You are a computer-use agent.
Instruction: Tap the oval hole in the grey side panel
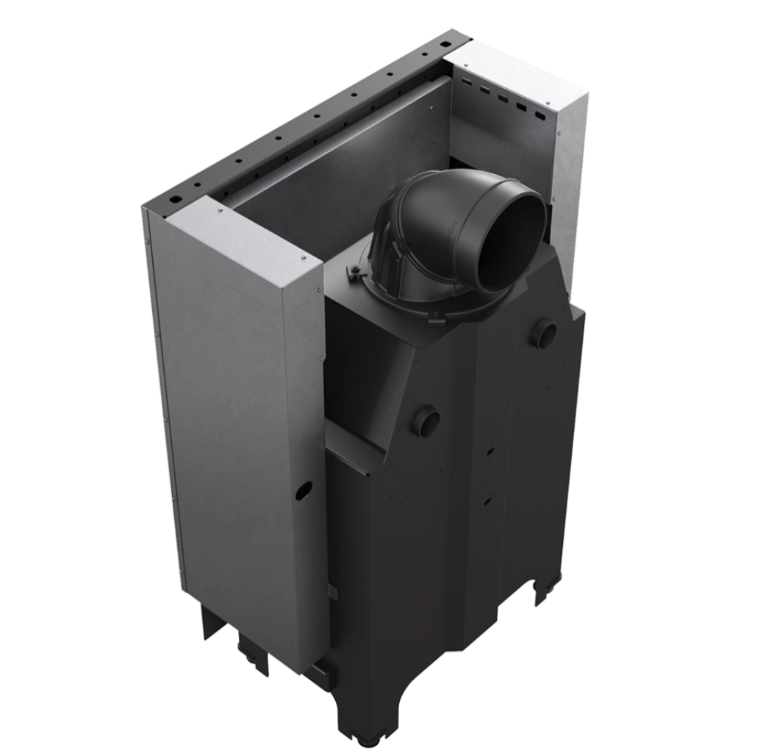point(303,490)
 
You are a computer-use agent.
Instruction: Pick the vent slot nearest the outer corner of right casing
point(540,115)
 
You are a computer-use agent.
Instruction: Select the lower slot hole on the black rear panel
point(487,501)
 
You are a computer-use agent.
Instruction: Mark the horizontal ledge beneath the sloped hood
point(353,448)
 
